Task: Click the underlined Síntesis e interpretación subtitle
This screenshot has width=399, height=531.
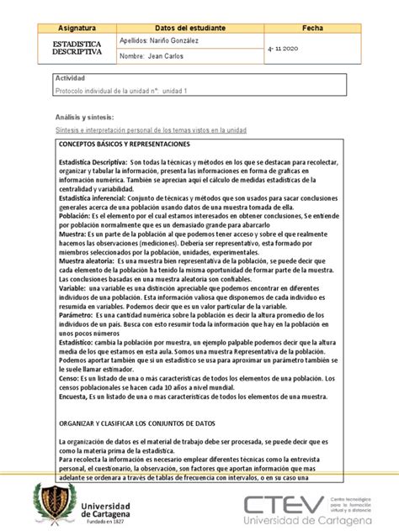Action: point(151,130)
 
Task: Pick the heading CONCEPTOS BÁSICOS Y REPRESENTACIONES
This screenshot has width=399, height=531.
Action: point(126,145)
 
